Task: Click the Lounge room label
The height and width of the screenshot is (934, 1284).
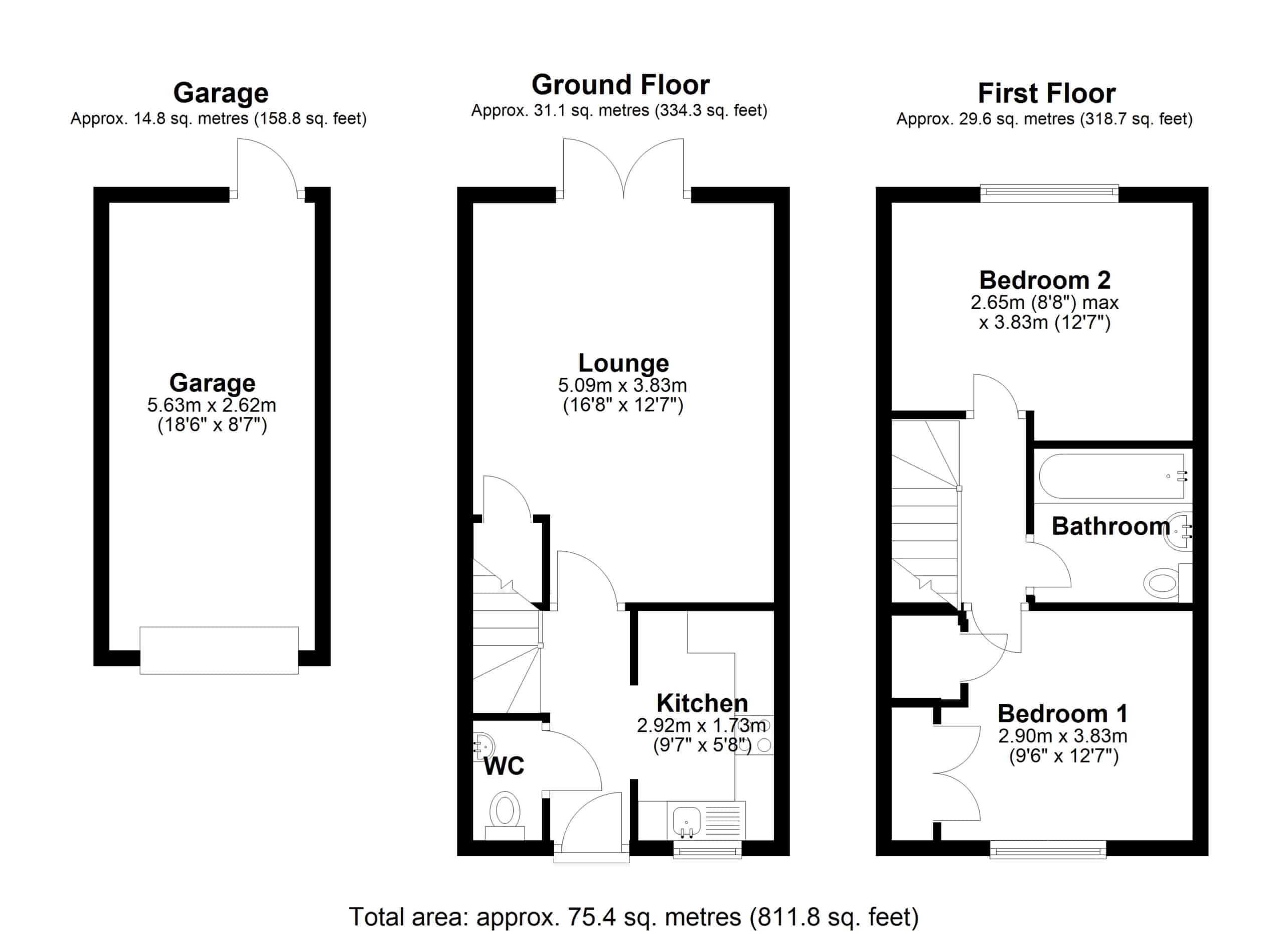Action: [623, 363]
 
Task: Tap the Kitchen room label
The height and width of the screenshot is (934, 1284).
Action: [702, 704]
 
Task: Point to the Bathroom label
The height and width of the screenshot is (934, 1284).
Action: [1111, 526]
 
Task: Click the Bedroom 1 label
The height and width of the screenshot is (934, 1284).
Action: [1063, 714]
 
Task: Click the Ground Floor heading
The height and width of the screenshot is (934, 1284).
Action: [620, 85]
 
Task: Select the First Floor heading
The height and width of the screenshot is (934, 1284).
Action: [1047, 93]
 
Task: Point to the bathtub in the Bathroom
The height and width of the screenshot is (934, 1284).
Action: [1111, 476]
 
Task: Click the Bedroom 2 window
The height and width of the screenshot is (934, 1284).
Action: [1049, 194]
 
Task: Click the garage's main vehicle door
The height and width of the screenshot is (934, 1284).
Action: [219, 651]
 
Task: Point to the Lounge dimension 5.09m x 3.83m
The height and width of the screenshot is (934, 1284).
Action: [622, 385]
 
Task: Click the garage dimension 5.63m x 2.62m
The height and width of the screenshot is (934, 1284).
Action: [212, 405]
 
